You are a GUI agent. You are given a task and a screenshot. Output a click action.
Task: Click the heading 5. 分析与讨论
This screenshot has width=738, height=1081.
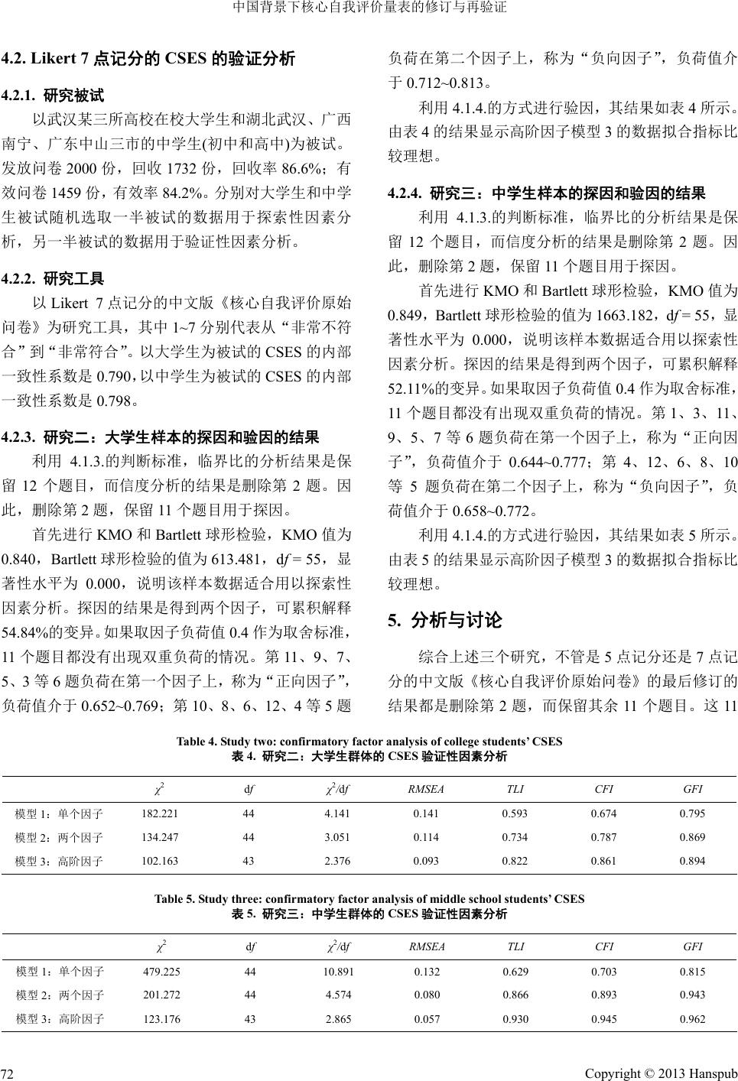[x=445, y=620]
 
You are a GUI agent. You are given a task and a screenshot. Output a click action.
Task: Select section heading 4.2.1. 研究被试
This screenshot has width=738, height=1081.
[x=63, y=96]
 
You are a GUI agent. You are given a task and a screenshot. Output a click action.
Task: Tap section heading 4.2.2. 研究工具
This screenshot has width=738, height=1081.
[x=63, y=278]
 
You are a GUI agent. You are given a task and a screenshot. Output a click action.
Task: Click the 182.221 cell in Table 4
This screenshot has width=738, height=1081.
[x=160, y=813]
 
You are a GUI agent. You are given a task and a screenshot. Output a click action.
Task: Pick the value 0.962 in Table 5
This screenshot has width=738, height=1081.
[x=692, y=1018]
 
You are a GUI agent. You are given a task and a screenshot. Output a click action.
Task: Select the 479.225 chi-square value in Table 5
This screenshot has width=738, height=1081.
[x=162, y=972]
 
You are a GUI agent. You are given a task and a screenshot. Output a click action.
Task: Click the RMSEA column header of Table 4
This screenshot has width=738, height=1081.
[x=426, y=788]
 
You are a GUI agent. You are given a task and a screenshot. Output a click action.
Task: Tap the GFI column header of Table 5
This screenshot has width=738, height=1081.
[x=692, y=946]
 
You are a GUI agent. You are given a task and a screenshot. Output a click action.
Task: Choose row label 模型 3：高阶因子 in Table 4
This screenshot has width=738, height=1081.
[x=60, y=861]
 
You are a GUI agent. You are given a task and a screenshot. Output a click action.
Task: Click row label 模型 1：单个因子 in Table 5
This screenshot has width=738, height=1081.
[x=60, y=972]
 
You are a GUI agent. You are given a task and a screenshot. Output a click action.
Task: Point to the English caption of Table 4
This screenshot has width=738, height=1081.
[x=369, y=741]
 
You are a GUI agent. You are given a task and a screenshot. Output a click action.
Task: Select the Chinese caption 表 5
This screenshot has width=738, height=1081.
[x=369, y=913]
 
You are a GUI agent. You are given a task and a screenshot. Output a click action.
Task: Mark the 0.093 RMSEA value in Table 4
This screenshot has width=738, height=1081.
[x=426, y=861]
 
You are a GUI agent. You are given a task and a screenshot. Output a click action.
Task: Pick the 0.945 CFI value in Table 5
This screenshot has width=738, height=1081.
[x=603, y=1018]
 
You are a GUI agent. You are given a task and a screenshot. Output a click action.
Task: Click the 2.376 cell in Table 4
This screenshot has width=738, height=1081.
[x=337, y=861]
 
